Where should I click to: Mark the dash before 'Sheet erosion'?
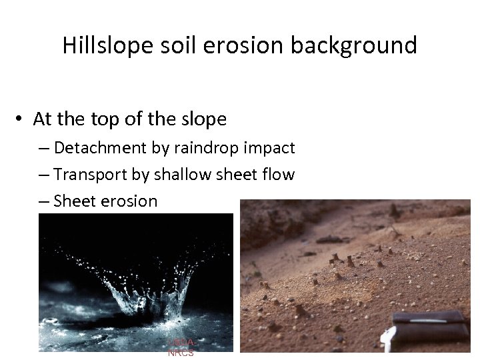click(x=44, y=201)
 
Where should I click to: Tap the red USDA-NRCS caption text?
click(x=181, y=347)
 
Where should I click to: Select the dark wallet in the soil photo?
click(x=430, y=327)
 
